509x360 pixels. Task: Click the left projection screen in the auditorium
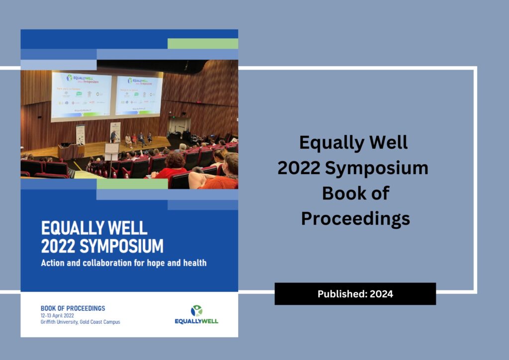pos(82,94)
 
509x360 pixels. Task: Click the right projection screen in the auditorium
pos(139,95)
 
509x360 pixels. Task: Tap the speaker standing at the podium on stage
pos(113,136)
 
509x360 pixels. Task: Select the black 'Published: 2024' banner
pos(355,294)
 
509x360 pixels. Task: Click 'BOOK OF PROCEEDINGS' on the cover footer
pos(73,308)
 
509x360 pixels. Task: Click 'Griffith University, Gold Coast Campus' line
pos(80,322)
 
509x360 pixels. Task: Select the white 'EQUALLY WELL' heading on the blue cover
pos(94,228)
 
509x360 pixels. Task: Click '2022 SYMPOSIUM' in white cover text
pos(102,246)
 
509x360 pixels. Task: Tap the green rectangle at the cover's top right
pos(202,44)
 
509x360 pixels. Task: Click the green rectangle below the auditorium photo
pos(132,184)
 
